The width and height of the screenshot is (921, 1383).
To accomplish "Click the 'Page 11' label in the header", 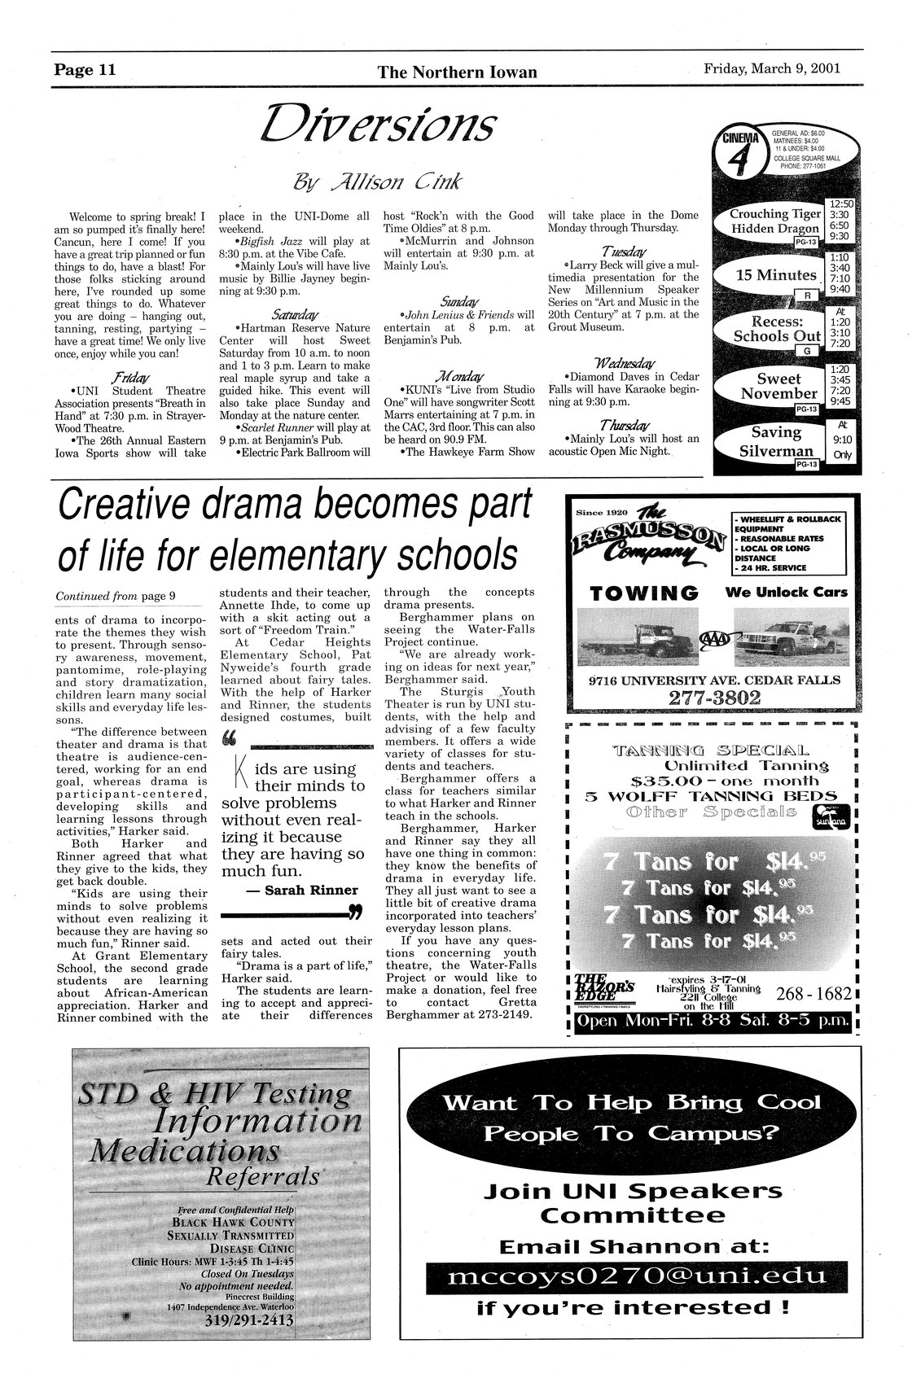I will coord(86,70).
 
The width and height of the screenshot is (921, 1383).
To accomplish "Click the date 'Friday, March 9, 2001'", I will coord(771,69).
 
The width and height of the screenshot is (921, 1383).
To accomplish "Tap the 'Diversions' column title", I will coord(377,125).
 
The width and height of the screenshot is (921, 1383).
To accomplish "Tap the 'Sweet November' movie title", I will coord(778,386).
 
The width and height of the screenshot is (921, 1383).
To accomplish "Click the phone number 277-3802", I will coord(713,698).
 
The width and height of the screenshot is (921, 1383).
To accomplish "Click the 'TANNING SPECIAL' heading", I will coord(712,750).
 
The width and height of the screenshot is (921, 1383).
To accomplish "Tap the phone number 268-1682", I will coord(814,993).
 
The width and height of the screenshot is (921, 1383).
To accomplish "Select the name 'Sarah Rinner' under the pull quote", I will coord(300,890).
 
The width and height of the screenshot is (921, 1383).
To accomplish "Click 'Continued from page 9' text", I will coord(116,596).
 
